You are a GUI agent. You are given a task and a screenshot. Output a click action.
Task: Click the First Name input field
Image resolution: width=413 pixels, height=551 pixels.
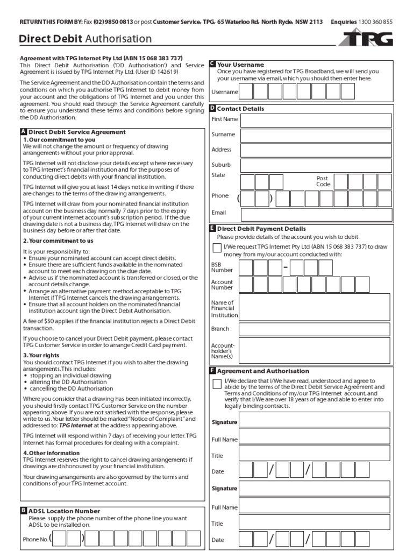point(316,119)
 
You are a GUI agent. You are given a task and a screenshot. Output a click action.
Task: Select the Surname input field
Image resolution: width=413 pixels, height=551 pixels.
point(316,135)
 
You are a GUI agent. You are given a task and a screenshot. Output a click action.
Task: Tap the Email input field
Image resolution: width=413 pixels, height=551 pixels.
point(316,213)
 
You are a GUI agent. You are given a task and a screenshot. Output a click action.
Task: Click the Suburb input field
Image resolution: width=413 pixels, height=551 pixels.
point(316,165)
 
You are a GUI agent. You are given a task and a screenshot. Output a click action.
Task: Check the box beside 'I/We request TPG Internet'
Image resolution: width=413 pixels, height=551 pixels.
point(217,248)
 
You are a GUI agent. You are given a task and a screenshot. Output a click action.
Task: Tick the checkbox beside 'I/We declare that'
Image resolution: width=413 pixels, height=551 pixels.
point(217,384)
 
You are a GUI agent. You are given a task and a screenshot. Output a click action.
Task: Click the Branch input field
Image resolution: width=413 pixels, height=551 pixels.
point(315,329)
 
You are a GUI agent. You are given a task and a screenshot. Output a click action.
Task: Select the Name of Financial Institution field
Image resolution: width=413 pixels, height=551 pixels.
point(315,306)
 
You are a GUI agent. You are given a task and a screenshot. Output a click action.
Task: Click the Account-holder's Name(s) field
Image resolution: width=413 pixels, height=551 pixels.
point(315,350)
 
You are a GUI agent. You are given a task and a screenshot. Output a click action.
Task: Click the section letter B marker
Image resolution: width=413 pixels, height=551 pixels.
point(23,511)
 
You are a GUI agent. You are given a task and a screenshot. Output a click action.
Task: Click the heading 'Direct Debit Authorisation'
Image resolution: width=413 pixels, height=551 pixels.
point(85,39)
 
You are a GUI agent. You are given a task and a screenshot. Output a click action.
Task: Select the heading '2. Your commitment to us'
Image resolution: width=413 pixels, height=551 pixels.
point(58,241)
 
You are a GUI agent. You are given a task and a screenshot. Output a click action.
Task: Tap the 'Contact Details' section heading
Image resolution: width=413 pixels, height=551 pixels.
point(240,109)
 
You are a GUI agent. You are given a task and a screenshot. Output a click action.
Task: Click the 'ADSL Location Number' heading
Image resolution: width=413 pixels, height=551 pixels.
point(64,511)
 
